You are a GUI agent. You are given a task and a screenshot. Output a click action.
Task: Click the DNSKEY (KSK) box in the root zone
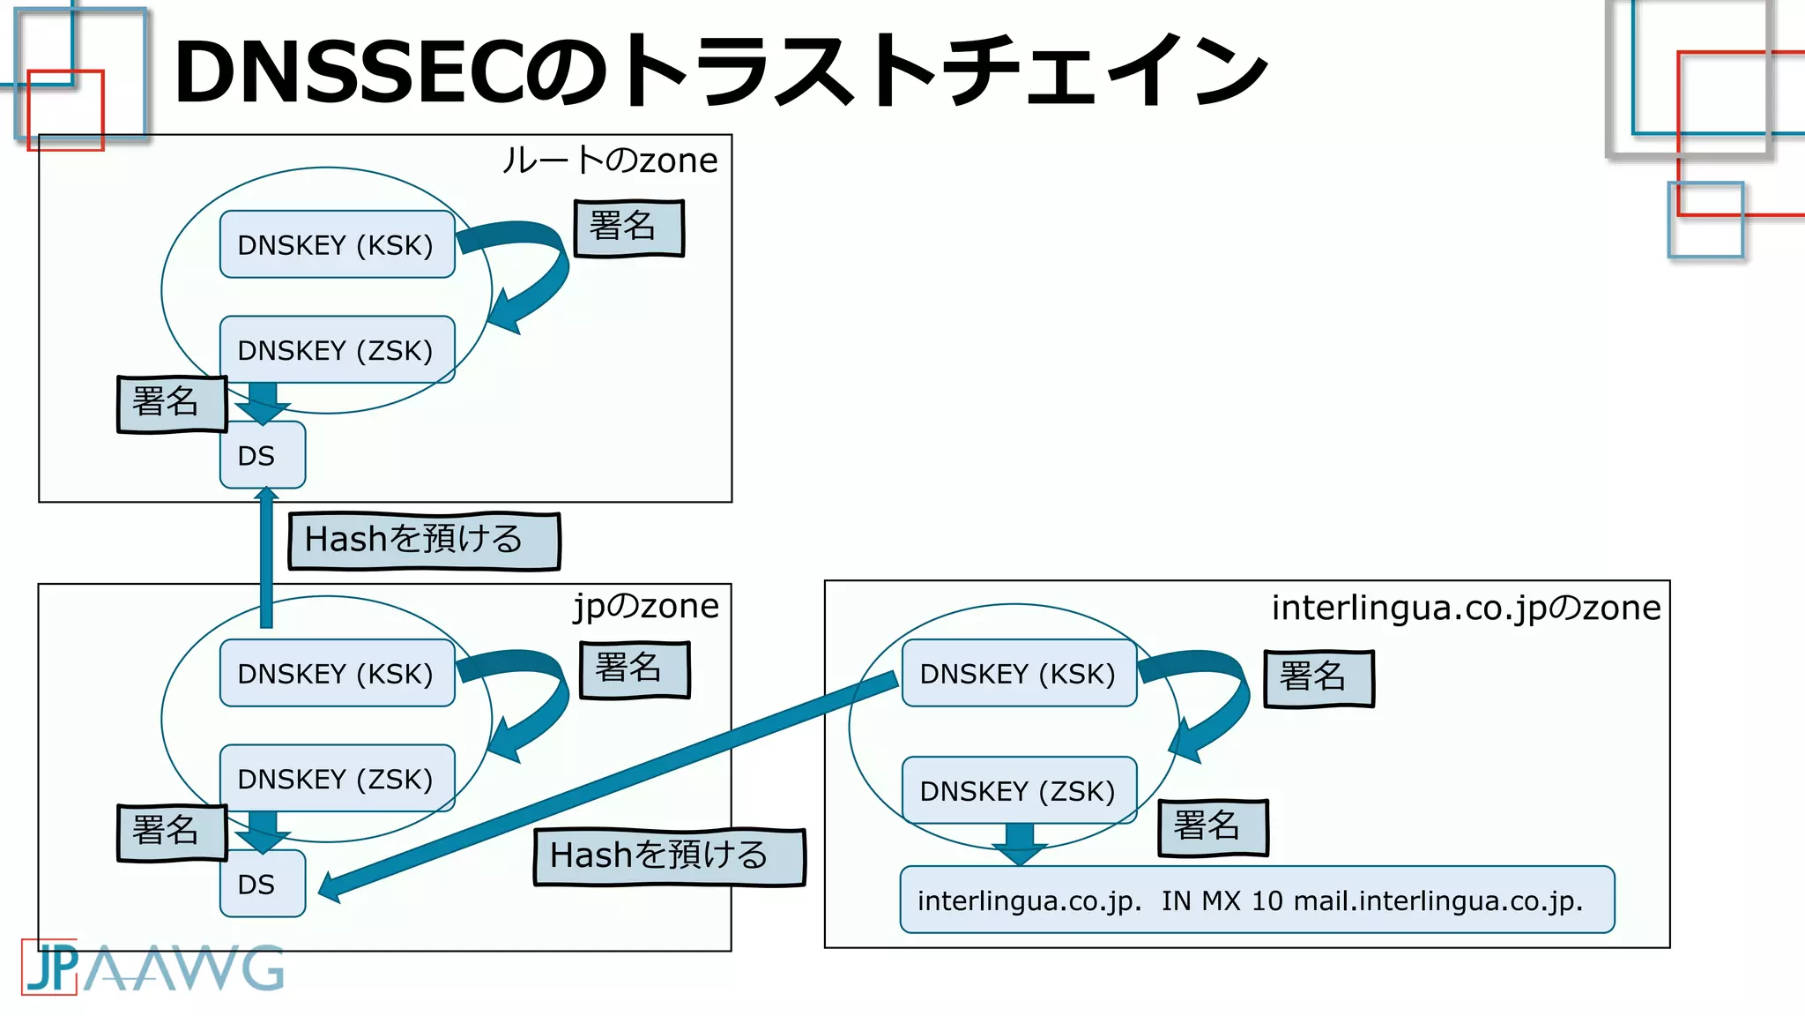pyautogui.click(x=337, y=244)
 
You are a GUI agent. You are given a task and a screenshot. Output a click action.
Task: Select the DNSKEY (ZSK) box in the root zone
pyautogui.click(x=337, y=350)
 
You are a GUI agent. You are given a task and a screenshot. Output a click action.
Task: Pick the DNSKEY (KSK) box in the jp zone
pyautogui.click(x=337, y=673)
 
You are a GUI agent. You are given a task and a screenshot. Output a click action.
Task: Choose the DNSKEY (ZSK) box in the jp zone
pyautogui.click(x=337, y=779)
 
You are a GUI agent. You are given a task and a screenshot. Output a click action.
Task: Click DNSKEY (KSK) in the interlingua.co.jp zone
pyautogui.click(x=1019, y=673)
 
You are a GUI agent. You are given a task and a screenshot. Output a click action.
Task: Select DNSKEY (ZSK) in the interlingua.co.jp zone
pyautogui.click(x=1019, y=790)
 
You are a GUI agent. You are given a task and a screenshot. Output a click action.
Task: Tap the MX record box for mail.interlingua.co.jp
pyautogui.click(x=1256, y=900)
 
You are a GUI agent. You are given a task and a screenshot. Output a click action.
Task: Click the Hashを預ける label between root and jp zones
pyautogui.click(x=424, y=540)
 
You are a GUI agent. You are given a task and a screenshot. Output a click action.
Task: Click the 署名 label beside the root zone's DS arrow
pyautogui.click(x=171, y=403)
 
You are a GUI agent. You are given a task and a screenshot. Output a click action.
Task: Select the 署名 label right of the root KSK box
pyautogui.click(x=628, y=228)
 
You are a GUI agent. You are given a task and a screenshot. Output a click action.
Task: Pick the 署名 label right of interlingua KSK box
pyautogui.click(x=1318, y=677)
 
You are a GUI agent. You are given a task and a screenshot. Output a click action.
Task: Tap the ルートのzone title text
pyautogui.click(x=610, y=161)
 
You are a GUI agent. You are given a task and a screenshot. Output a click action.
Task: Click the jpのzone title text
pyautogui.click(x=646, y=606)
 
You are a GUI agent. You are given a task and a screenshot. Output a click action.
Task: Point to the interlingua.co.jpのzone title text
pyautogui.click(x=1465, y=608)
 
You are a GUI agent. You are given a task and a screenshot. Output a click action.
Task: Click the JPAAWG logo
pyautogui.click(x=152, y=967)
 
